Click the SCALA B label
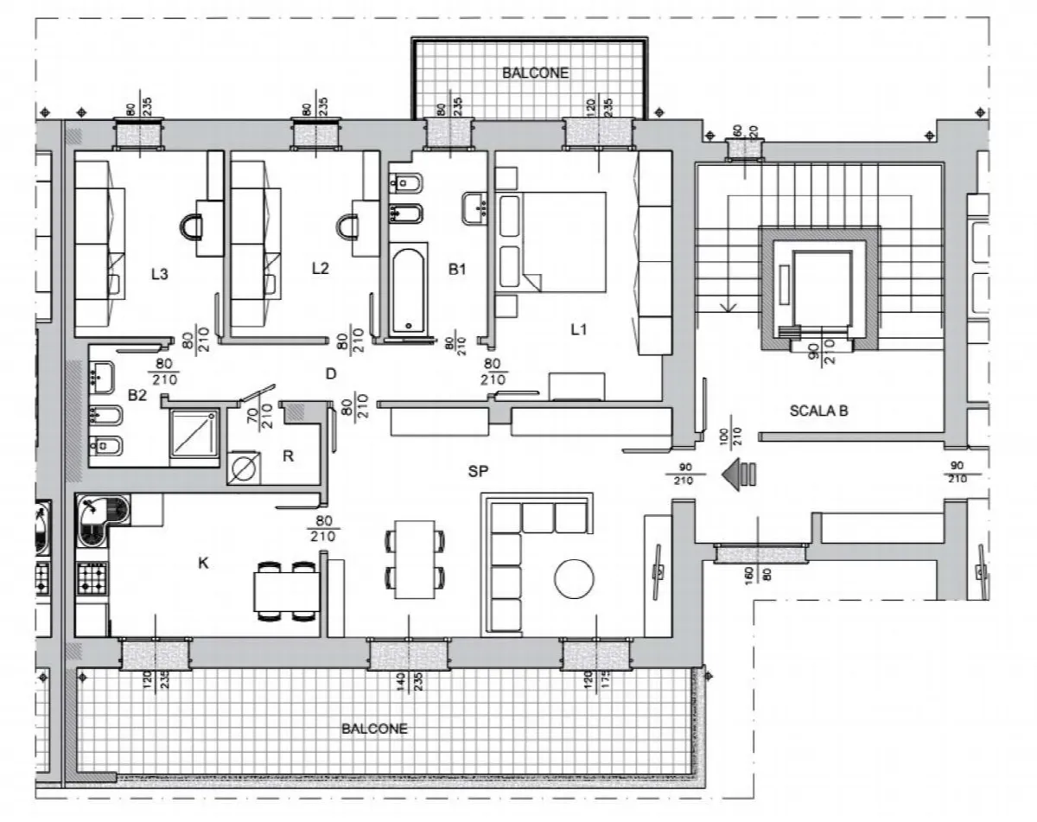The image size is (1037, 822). pos(818,411)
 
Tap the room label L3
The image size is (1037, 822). pos(160,274)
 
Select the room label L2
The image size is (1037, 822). pos(320,268)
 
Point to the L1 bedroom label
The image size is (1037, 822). pos(578,330)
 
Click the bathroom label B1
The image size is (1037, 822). pos(457,270)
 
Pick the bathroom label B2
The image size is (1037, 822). pos(137,395)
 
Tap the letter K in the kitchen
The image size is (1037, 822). pos(203,563)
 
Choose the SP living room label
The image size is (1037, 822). pos(478,472)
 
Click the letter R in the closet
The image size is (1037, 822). pos(288,456)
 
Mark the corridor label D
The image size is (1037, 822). pos(331,373)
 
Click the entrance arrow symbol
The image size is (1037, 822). pos(739,474)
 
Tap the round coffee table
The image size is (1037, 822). pos(574,578)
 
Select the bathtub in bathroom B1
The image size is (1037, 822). pos(409,291)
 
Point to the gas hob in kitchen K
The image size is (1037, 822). pos(92,578)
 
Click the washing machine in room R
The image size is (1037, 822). pos(244,468)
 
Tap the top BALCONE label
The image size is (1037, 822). pos(536,73)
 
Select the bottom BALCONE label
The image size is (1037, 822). pos(374,729)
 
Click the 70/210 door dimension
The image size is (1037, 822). pos(260,416)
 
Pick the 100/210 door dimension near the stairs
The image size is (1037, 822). pos(731,431)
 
